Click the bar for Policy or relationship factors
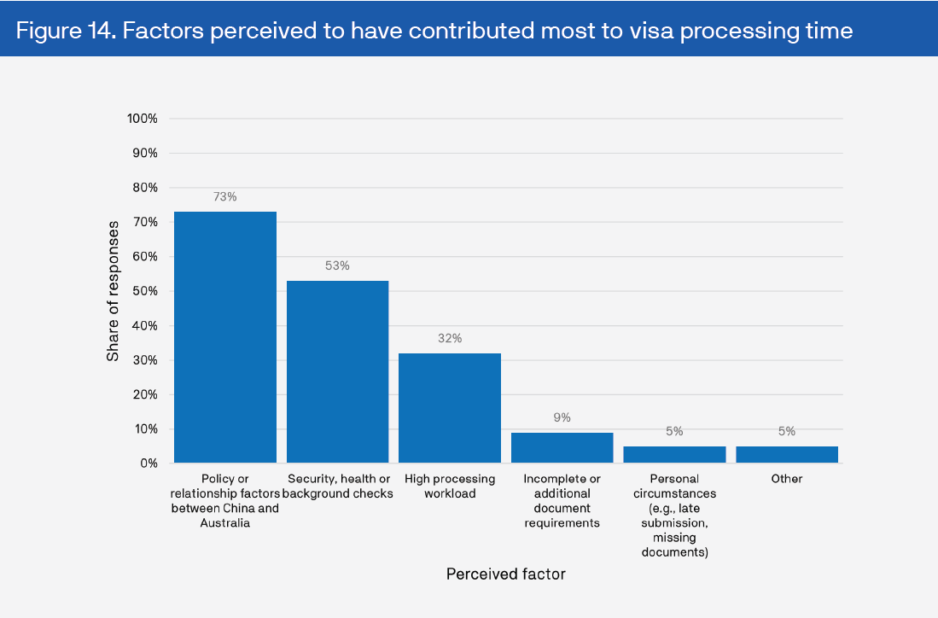[x=225, y=337]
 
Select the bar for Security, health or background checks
[x=337, y=371]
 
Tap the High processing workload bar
[x=450, y=408]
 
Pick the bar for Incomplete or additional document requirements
[x=562, y=447]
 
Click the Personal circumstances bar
[x=674, y=454]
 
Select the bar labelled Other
[x=787, y=454]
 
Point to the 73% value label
[x=225, y=196]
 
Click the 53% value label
[x=337, y=265]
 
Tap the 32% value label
[x=450, y=338]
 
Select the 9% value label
[x=562, y=417]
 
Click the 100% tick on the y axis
[x=142, y=119]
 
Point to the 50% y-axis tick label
[x=144, y=291]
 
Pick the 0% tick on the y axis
[x=148, y=463]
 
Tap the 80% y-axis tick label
[x=144, y=188]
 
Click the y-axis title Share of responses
[x=113, y=290]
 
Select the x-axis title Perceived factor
[x=505, y=574]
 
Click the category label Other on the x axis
[x=787, y=479]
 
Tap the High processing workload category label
[x=450, y=486]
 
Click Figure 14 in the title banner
[x=65, y=32]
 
